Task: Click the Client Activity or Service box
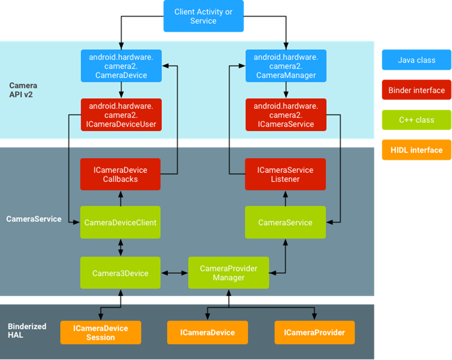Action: point(204,17)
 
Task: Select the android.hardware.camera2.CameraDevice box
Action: point(121,66)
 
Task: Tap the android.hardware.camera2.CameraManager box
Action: point(286,66)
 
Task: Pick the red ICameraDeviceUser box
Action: point(121,115)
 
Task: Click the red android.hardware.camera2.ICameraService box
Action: point(286,115)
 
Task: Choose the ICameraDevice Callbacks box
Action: point(120,174)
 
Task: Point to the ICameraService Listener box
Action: point(285,174)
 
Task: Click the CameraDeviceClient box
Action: point(120,222)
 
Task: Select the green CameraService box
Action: point(285,222)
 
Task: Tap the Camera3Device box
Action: point(120,273)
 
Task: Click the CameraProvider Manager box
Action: point(228,273)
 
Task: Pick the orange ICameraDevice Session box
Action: point(100,332)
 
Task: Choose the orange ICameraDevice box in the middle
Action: point(207,332)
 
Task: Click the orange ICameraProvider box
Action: point(314,332)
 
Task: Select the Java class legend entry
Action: point(416,60)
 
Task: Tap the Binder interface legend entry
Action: point(416,90)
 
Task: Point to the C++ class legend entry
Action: point(416,120)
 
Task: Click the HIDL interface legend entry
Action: point(416,150)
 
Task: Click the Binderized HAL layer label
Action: point(27,331)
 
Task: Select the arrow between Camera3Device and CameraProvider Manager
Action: point(174,273)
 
